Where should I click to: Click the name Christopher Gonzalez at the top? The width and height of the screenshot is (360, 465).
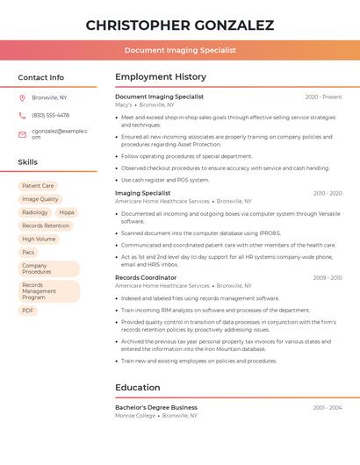click(x=179, y=25)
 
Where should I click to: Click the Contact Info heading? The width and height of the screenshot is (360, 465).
click(x=41, y=77)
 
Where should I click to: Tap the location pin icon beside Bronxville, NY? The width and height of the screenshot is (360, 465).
click(x=22, y=97)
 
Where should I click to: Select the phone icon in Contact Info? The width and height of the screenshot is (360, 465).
click(x=22, y=115)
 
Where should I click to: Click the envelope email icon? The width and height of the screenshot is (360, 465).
click(x=22, y=134)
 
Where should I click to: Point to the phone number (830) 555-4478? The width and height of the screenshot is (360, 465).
click(x=50, y=115)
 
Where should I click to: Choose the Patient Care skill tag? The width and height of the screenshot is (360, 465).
click(x=38, y=186)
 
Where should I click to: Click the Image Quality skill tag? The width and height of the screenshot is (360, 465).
click(x=40, y=199)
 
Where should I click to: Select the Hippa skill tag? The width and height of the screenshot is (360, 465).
click(x=67, y=212)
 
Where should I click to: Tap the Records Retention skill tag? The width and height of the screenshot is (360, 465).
click(x=45, y=225)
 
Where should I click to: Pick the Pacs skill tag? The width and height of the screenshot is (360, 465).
click(x=29, y=252)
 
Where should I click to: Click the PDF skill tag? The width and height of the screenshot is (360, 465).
click(x=28, y=311)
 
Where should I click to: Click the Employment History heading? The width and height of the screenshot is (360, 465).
click(x=161, y=77)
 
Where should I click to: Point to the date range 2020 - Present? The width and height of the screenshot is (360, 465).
click(x=323, y=97)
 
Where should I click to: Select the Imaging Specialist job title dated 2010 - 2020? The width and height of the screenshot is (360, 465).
click(x=143, y=193)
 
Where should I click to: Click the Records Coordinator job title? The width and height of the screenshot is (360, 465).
click(x=146, y=277)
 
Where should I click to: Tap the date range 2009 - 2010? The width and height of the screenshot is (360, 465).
click(x=328, y=277)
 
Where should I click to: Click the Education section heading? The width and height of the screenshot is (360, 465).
click(x=138, y=387)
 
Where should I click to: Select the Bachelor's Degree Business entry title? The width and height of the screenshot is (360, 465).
click(x=156, y=407)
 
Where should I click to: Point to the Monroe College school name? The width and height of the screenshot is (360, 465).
click(x=135, y=415)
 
